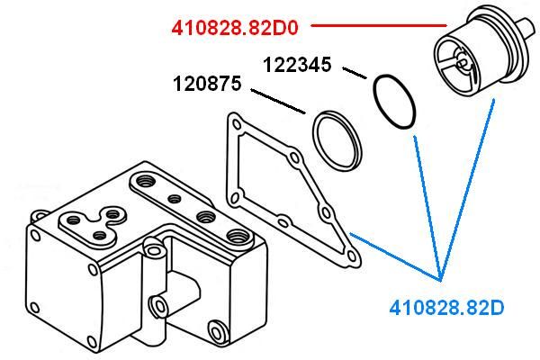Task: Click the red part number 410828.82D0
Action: (235, 28)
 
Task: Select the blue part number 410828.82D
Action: (446, 308)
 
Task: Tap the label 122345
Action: (297, 65)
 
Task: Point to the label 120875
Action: (207, 84)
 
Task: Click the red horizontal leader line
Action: (379, 25)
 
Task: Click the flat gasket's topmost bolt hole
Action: (236, 123)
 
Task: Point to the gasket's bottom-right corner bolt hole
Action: (352, 256)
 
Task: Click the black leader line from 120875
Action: (278, 102)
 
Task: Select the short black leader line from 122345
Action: (355, 73)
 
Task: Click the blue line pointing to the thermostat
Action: (467, 190)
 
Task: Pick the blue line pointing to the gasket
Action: (395, 256)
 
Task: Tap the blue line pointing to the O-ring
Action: (427, 209)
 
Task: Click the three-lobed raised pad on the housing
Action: (92, 225)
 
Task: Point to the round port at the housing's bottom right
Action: (216, 333)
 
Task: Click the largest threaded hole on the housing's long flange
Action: (237, 237)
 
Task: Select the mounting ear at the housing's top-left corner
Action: (38, 217)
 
